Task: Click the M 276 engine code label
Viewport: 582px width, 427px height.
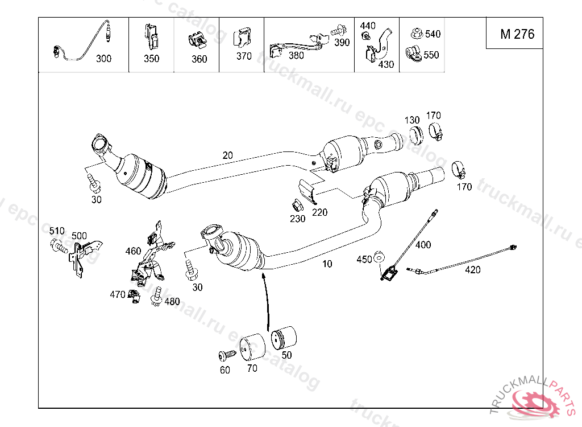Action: click(x=517, y=34)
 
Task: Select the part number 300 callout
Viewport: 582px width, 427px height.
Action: click(x=103, y=59)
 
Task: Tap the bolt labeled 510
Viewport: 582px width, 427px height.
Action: click(x=59, y=246)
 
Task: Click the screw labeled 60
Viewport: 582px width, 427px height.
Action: click(x=227, y=355)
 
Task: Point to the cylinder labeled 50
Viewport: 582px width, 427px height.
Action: click(x=284, y=338)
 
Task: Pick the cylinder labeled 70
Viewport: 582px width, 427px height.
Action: click(x=253, y=347)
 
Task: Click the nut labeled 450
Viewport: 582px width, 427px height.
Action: click(x=378, y=256)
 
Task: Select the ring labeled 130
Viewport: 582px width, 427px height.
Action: click(x=415, y=136)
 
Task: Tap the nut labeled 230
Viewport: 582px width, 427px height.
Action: click(x=297, y=205)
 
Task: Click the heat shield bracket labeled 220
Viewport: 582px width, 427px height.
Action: click(x=309, y=191)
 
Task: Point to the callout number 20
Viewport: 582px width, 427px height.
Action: click(x=227, y=155)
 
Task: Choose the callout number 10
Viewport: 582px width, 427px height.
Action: click(x=327, y=264)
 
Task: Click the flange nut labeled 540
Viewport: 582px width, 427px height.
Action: click(x=417, y=34)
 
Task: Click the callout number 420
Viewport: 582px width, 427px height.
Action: click(x=472, y=270)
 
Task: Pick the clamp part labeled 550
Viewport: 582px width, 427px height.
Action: click(x=414, y=54)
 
